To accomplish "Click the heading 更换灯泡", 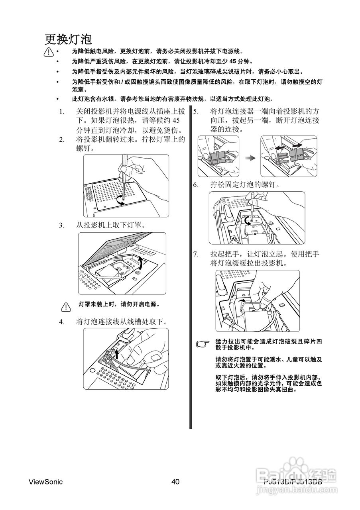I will (68, 39).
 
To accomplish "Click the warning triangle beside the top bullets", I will (49, 52).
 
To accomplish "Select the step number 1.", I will (61, 112).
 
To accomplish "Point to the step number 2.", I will (61, 139).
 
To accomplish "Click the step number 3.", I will (61, 225).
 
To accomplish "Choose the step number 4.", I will (61, 322).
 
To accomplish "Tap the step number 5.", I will (196, 112).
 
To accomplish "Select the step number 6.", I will (196, 185).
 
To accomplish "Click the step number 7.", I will (196, 254).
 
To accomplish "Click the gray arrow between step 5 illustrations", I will (250, 158).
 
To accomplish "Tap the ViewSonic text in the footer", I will (45, 482).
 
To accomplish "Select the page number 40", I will (175, 482).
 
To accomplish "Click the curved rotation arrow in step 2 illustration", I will (120, 201).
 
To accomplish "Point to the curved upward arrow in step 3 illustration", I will (140, 263).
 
